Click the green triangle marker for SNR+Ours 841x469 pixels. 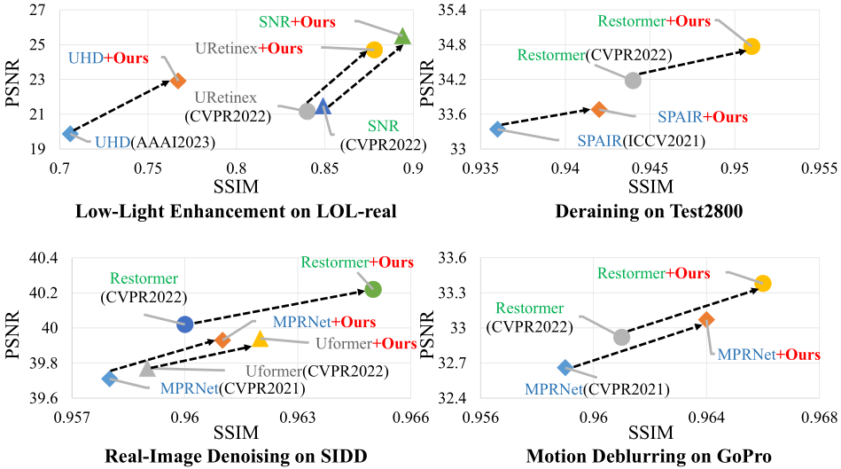(402, 36)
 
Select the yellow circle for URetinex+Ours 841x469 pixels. (374, 50)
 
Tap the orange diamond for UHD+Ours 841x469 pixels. (177, 81)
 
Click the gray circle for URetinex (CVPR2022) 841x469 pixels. (308, 111)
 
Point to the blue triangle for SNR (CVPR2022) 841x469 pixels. (323, 106)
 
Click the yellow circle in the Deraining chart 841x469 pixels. (751, 46)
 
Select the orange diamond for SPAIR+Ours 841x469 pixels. (599, 109)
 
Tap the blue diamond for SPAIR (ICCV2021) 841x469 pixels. (497, 129)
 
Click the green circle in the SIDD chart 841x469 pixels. (373, 289)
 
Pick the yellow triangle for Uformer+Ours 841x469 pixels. (260, 339)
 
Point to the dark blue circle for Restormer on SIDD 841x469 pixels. (185, 324)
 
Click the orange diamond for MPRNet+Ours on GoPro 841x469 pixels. (706, 319)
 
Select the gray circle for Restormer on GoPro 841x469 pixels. (621, 337)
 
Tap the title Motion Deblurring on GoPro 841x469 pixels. (649, 457)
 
